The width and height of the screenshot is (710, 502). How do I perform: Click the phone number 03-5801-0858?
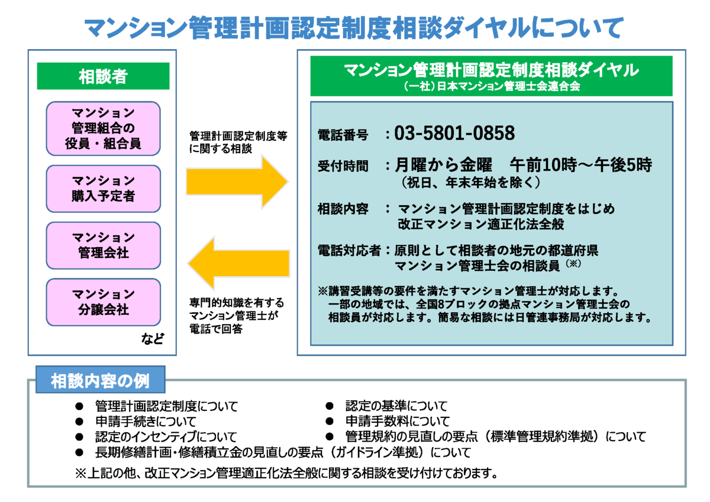tap(454, 132)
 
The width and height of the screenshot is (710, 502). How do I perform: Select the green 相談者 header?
tap(104, 76)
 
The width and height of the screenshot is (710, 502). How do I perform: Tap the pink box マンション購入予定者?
tap(104, 189)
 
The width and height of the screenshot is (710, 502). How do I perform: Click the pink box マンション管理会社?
tap(104, 245)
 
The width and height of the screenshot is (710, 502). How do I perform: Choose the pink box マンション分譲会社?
tap(104, 302)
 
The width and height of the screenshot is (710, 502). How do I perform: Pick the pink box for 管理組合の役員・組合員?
tap(104, 128)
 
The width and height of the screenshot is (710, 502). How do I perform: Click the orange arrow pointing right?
tap(237, 182)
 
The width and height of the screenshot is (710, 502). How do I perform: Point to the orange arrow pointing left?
tap(238, 263)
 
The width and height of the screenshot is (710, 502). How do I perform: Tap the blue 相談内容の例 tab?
tap(101, 380)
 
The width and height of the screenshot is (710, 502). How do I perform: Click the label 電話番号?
tap(343, 135)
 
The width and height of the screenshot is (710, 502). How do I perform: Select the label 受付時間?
tap(343, 166)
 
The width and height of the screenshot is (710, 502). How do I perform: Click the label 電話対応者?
tap(349, 251)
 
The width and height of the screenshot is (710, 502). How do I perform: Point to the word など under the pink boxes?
tap(153, 339)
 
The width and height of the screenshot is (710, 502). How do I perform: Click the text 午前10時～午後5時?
tap(580, 165)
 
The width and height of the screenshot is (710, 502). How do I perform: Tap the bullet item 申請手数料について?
tap(398, 421)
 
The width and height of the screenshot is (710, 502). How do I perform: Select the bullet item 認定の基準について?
tap(396, 406)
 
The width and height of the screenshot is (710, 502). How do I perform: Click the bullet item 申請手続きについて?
tap(146, 421)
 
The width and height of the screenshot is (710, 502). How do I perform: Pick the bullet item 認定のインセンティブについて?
tap(166, 437)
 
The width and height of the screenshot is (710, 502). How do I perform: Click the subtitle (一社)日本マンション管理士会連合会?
tap(492, 86)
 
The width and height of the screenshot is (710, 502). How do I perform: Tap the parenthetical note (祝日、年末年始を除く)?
tap(470, 183)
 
